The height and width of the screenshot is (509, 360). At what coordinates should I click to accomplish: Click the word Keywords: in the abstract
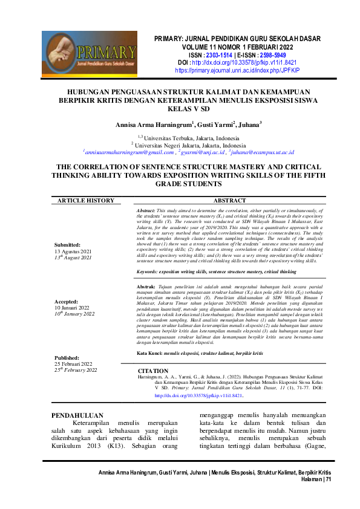coord(149,272)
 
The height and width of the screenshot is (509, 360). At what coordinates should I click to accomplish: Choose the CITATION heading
coord(154,370)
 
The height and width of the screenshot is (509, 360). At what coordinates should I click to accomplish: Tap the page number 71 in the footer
coord(328,479)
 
